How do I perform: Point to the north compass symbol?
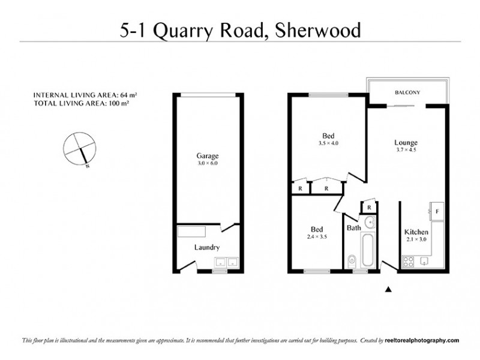(79, 148)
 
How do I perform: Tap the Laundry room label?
(206, 247)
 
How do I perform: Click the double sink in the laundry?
(226, 262)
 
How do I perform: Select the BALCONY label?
(407, 92)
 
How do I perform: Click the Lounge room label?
(406, 142)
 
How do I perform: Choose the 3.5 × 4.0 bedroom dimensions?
(329, 143)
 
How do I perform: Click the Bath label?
(353, 228)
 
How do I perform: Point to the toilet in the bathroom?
(352, 260)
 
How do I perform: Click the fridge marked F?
(437, 212)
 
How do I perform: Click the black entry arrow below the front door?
(388, 289)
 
